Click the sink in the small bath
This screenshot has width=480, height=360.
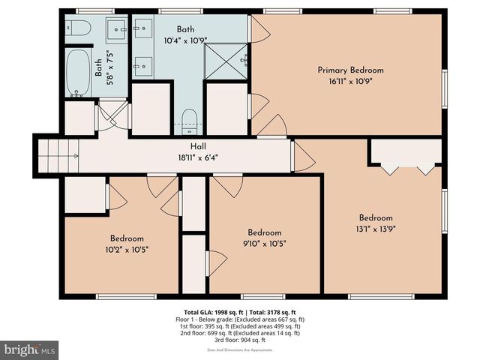point(117,29)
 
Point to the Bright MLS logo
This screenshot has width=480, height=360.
point(30,349)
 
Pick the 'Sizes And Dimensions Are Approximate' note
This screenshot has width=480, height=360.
point(240,350)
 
